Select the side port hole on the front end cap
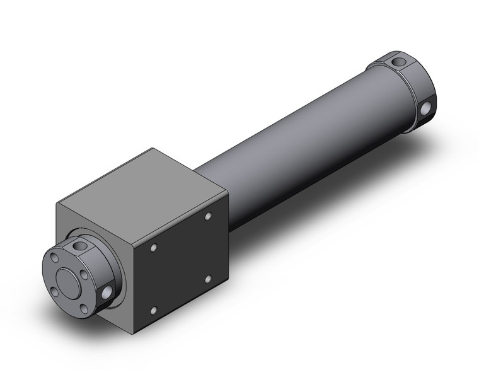[107, 291]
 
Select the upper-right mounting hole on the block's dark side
[208, 217]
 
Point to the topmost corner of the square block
[151, 149]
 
